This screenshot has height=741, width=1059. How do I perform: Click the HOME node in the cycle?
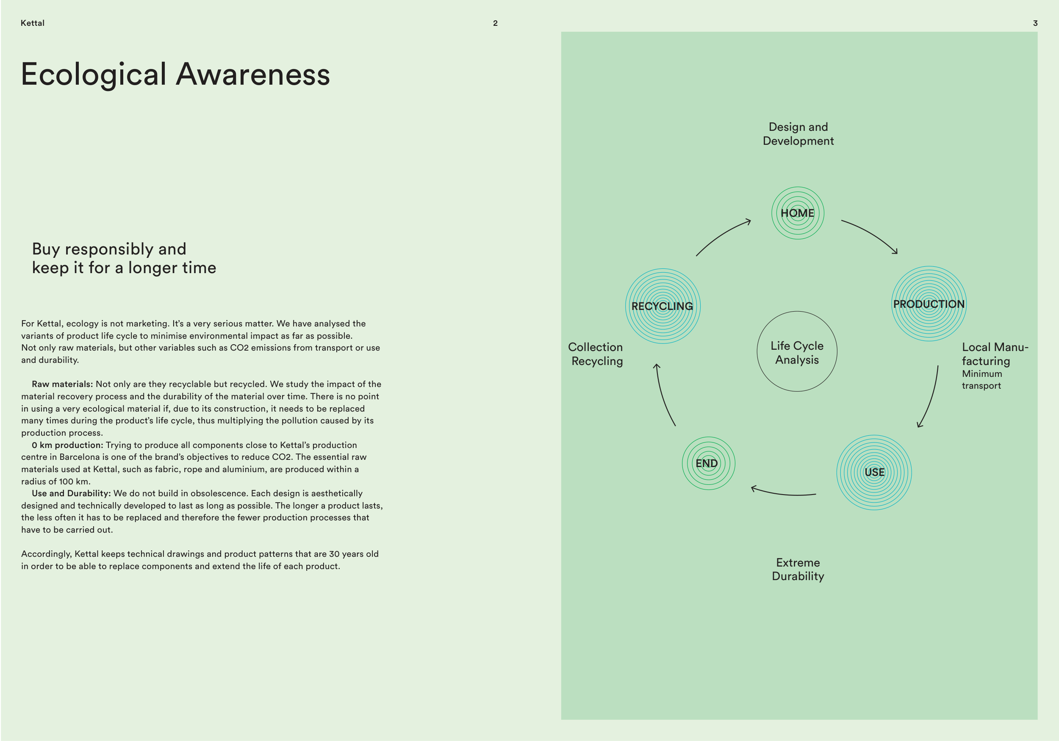click(798, 213)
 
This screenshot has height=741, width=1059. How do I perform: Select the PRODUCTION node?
click(929, 304)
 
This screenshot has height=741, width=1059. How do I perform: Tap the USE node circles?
click(874, 472)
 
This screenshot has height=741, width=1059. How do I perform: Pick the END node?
click(708, 463)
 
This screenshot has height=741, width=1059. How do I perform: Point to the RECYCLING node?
click(663, 306)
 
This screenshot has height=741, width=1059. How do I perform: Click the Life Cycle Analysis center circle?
click(797, 352)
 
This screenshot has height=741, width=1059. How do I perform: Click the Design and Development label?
click(798, 134)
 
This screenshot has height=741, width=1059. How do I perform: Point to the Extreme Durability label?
click(798, 569)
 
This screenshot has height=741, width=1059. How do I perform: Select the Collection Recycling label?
click(596, 354)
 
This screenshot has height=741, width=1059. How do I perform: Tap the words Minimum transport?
click(981, 379)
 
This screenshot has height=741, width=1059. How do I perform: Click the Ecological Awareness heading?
click(175, 74)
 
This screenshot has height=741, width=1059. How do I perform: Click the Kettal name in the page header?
click(32, 23)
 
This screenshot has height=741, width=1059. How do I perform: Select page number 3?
click(1035, 23)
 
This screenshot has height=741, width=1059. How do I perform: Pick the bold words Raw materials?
click(62, 384)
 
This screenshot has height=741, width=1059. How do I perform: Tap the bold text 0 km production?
click(67, 445)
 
